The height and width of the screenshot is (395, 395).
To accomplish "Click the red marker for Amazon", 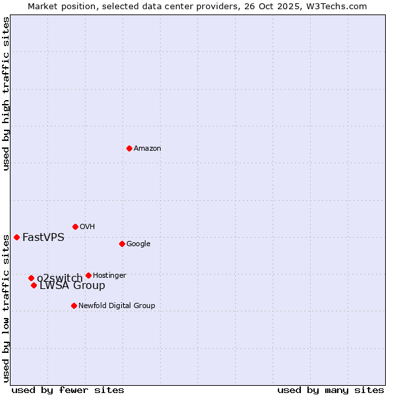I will click(129, 148).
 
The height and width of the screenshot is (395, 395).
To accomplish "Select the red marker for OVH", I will click(75, 226).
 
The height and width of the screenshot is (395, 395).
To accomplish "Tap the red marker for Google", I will click(122, 244).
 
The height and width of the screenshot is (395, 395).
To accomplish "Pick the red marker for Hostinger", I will click(88, 275).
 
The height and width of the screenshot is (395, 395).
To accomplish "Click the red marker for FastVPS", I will click(16, 237).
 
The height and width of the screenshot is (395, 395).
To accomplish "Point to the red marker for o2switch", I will click(31, 278).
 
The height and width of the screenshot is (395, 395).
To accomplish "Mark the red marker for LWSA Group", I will click(34, 285).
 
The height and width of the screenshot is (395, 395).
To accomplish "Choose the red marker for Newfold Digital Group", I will click(74, 305).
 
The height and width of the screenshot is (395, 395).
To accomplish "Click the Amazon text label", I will click(147, 148).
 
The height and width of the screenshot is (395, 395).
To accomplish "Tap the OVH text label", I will click(88, 226).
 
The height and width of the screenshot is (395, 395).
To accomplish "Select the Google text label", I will click(138, 244).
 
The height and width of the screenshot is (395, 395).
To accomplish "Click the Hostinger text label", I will click(109, 275).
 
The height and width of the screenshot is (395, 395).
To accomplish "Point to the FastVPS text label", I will click(43, 237).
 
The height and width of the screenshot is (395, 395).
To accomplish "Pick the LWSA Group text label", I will click(72, 286).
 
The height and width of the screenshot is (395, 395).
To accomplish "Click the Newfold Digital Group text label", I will click(117, 305).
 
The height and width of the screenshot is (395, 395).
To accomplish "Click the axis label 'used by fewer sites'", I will click(68, 390).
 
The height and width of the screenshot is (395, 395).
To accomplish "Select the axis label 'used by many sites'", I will click(330, 390).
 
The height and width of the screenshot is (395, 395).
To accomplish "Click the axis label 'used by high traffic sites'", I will click(6, 93).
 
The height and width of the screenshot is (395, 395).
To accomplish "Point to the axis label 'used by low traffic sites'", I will click(6, 307).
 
